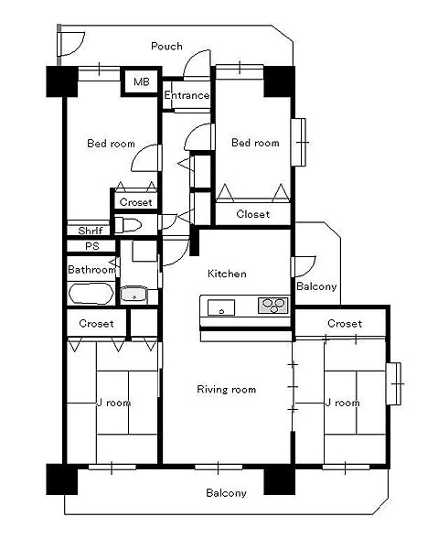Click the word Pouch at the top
pos(166,46)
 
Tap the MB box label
pos(142,82)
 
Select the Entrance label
pos(187,95)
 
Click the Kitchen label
pos(227,274)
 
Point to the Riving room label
pos(227,389)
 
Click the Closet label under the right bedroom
pos(253,214)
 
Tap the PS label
pos(92,246)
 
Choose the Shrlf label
pos(91,231)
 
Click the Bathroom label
pos(91,270)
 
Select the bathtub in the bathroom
pos(91,294)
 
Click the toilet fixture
pos(128,225)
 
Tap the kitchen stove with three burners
pos(273,305)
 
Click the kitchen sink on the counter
pos(221,307)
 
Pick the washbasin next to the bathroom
pos(134,295)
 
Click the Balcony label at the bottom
pos(226,493)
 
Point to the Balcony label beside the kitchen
pos(316,286)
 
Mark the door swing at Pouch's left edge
pos(71,44)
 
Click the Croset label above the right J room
pos(345,323)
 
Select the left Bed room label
pos(111,144)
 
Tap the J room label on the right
pos(343,403)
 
